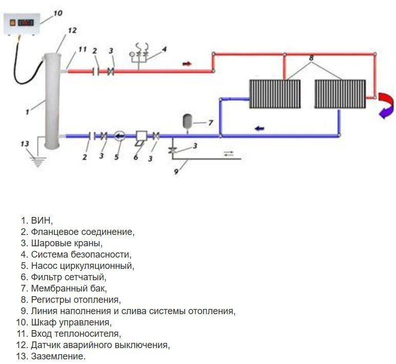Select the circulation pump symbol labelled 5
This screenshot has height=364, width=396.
click(120, 136)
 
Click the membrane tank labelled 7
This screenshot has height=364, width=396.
click(188, 122)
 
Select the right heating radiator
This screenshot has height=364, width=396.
click(340, 93)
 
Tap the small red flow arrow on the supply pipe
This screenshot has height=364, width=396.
click(187, 64)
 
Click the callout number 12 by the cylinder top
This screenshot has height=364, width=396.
click(72, 30)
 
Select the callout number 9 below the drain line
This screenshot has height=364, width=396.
click(175, 172)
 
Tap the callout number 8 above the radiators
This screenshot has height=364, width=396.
click(311, 59)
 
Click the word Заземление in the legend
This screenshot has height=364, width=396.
click(58, 356)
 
